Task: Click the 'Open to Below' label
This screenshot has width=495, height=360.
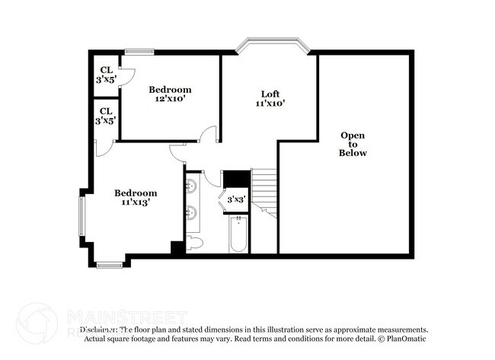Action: tap(353, 144)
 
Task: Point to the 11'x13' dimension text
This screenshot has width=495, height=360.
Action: tap(136, 202)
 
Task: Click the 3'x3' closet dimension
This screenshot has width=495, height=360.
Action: tap(236, 199)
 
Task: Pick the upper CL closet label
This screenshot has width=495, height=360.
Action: tap(105, 70)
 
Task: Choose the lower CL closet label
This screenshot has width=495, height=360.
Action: tap(105, 111)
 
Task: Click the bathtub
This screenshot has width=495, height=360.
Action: tap(238, 234)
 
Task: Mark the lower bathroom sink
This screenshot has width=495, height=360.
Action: tap(191, 212)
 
